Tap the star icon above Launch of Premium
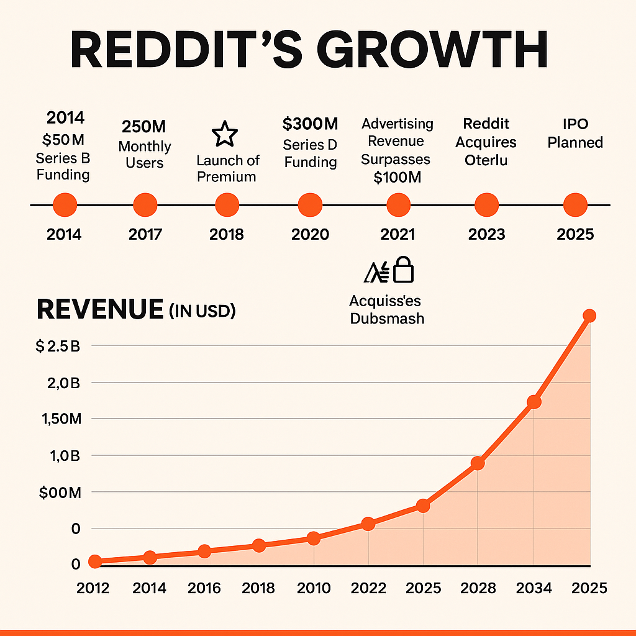(225, 134)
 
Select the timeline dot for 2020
(311, 204)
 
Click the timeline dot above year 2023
(486, 204)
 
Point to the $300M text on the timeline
(310, 124)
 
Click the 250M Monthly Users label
(144, 145)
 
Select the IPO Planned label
(575, 134)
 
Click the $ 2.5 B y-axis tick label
(58, 347)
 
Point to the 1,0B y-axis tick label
(60, 456)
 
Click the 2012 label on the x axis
(93, 588)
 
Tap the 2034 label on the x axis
(534, 588)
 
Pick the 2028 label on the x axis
(478, 588)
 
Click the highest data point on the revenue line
(589, 316)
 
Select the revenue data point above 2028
(478, 463)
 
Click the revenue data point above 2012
(95, 561)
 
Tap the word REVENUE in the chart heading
(100, 310)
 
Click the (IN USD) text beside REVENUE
(202, 312)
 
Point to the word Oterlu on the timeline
(486, 160)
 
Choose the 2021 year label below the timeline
(397, 235)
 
